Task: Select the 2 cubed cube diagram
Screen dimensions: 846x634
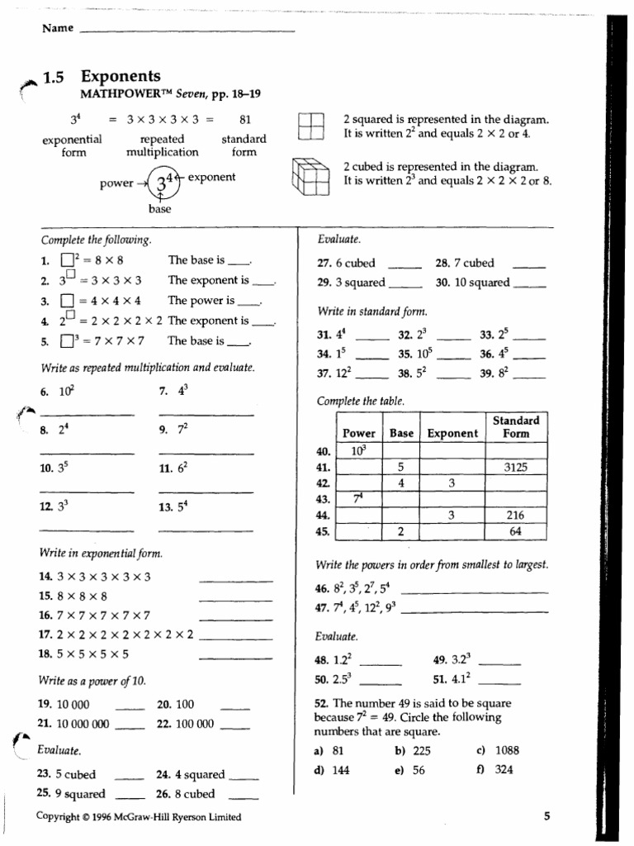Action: click(311, 175)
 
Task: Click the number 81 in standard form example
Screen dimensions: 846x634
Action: click(244, 119)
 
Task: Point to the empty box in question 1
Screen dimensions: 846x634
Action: click(65, 261)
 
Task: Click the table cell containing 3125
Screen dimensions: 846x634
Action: click(516, 468)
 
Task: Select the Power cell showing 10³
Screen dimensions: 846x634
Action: click(359, 451)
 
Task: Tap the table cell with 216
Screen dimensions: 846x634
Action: click(516, 516)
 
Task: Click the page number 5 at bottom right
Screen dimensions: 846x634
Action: click(546, 816)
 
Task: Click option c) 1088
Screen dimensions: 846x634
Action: click(500, 751)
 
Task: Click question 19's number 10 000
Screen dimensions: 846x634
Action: click(73, 705)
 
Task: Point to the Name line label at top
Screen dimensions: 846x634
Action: click(58, 28)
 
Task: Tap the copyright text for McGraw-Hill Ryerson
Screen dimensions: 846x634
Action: click(140, 817)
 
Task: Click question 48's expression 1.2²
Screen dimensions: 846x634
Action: click(343, 660)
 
